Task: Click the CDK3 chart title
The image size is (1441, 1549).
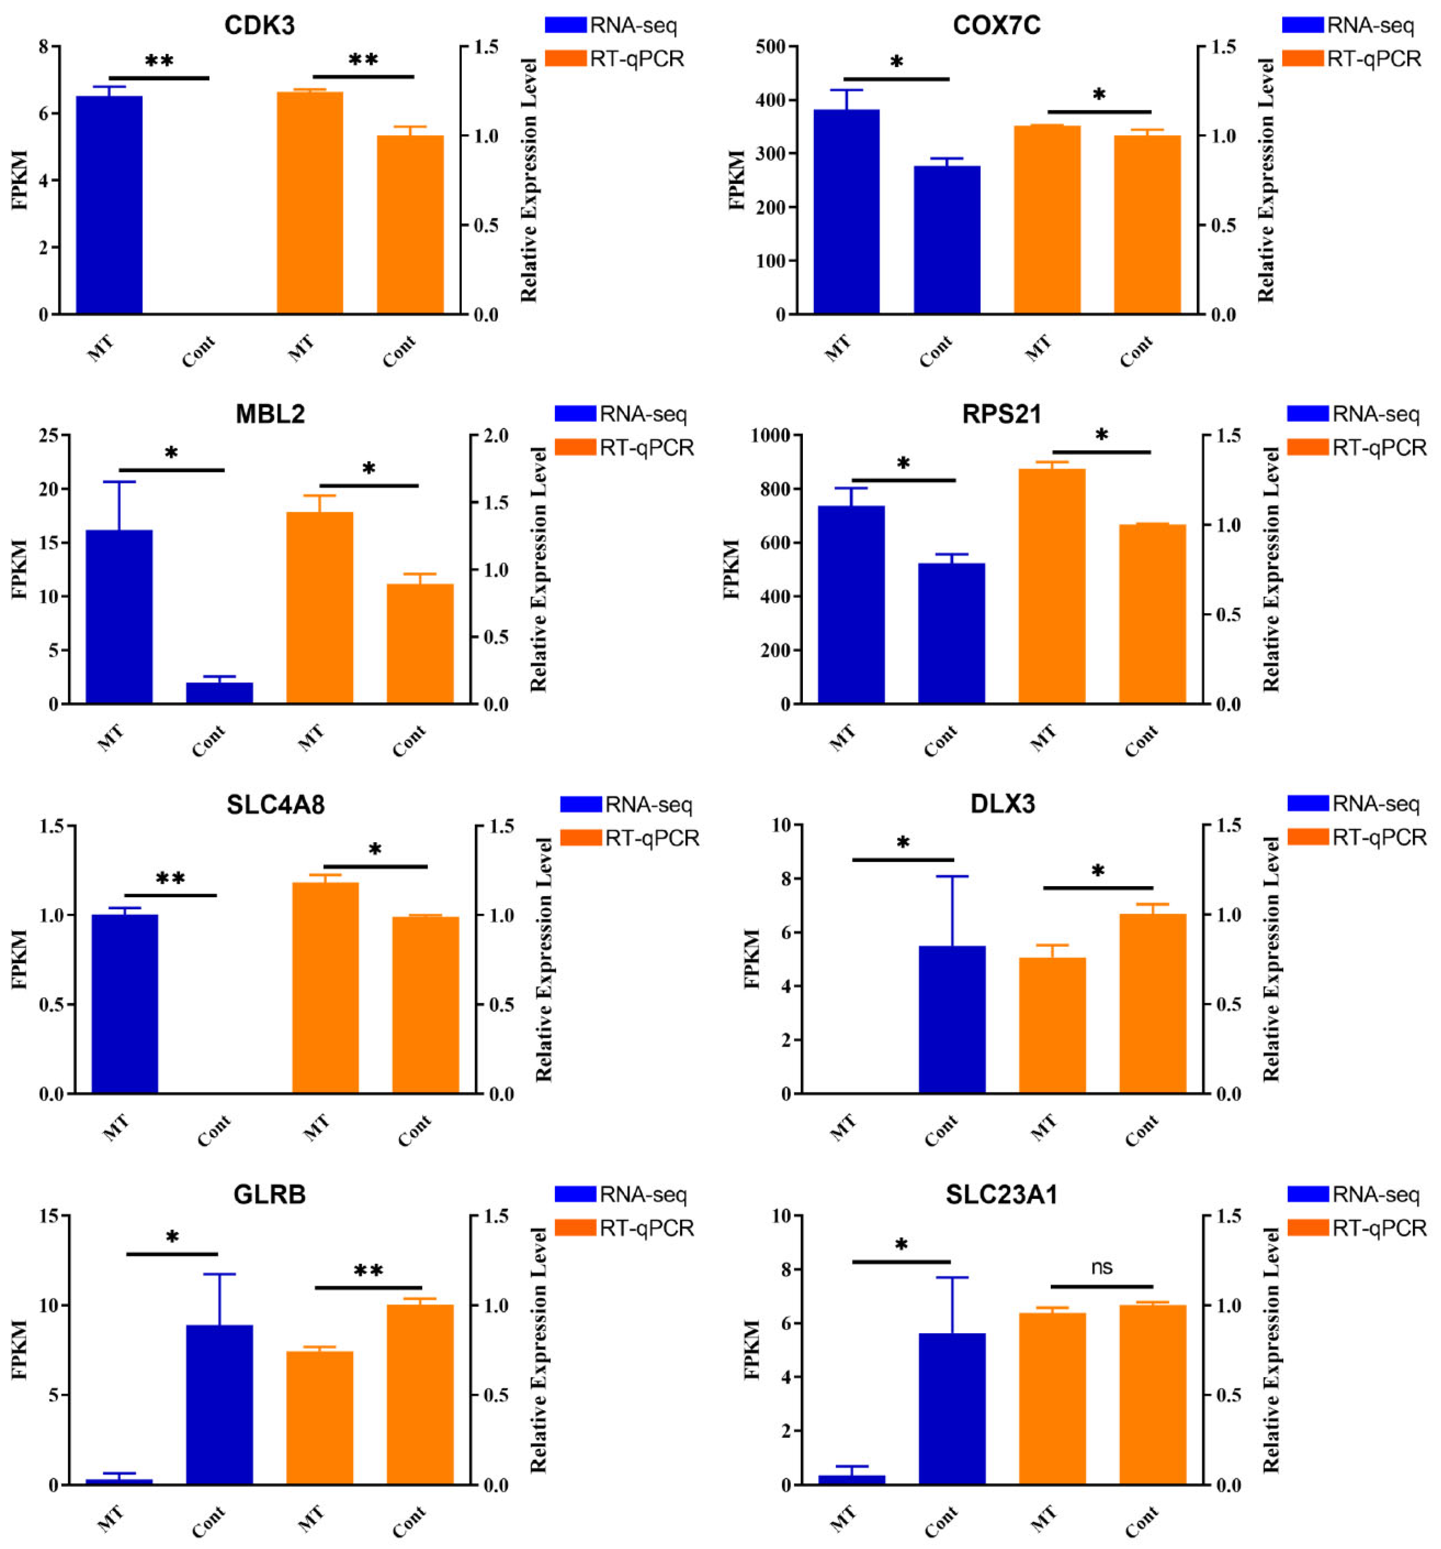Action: (259, 25)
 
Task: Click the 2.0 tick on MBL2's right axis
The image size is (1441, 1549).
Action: (495, 435)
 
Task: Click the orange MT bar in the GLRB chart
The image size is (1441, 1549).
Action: (320, 1417)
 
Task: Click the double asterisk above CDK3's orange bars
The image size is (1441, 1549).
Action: (363, 61)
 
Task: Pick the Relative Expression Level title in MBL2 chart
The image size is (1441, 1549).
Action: (538, 569)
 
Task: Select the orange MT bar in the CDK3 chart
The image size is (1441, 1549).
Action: (310, 202)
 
